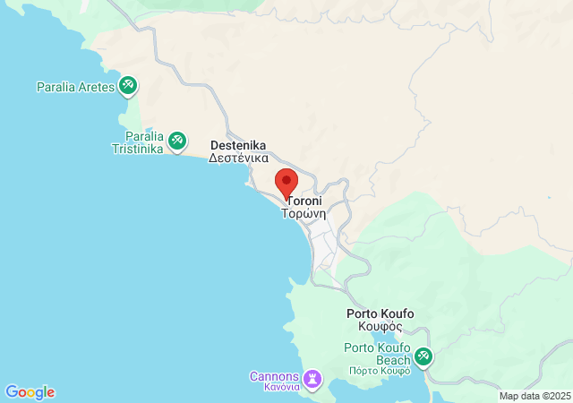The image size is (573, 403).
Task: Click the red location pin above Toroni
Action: click(x=286, y=182)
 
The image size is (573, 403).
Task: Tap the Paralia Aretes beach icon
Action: click(x=128, y=85)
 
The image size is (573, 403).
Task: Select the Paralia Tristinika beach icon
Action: click(x=177, y=140)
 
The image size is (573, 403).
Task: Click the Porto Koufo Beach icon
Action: click(x=423, y=357)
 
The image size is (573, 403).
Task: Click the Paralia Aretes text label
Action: click(x=75, y=87)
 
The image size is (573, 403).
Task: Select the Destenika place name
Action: click(x=237, y=145)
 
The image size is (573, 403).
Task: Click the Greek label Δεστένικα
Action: click(x=238, y=158)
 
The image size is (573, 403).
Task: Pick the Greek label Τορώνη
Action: click(x=304, y=215)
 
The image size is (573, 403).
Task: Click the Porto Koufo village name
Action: click(x=380, y=314)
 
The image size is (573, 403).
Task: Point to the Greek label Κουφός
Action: click(x=380, y=327)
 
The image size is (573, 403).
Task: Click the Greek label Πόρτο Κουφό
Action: click(x=380, y=370)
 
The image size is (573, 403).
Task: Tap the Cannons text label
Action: click(x=274, y=376)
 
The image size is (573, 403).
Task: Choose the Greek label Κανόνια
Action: click(x=275, y=388)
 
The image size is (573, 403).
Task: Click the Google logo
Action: click(x=30, y=392)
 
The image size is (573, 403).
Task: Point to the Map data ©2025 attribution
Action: click(x=535, y=396)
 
